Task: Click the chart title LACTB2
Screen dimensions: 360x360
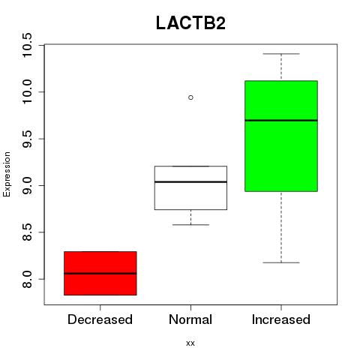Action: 190,23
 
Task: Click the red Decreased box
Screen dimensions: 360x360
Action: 100,273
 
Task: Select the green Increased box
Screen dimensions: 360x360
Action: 281,136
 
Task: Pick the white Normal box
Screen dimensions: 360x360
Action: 190,187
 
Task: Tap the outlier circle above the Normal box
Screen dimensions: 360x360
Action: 190,97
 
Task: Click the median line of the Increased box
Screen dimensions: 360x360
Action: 281,120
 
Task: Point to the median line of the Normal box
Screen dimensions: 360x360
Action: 190,181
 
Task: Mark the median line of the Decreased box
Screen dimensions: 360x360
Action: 100,273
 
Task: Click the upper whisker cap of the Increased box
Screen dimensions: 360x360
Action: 281,54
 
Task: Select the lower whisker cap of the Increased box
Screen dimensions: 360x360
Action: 281,262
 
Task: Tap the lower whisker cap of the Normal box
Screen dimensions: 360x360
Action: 190,225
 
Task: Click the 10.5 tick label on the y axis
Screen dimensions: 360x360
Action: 27,45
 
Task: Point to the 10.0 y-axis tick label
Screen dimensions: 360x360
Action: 27,92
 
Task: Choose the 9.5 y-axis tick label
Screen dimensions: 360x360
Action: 27,139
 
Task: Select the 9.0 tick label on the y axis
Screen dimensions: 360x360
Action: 27,185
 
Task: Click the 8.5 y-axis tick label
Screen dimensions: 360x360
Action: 27,232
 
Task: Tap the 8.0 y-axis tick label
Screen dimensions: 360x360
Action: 27,279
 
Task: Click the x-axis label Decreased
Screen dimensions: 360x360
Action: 100,319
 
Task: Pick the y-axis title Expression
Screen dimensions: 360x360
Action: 7,174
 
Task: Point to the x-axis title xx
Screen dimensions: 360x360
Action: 190,343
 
